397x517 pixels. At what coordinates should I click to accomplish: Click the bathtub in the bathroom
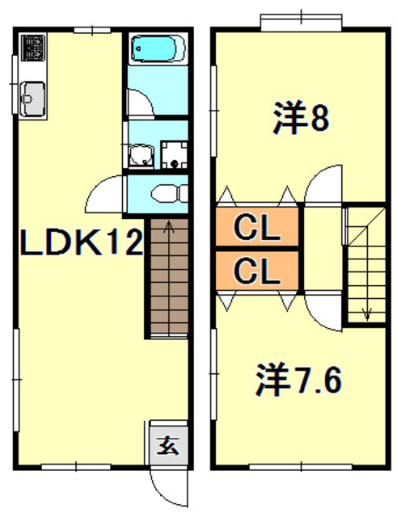click(158, 48)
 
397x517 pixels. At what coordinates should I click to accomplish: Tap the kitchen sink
click(32, 99)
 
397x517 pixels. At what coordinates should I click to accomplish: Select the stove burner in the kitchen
click(33, 48)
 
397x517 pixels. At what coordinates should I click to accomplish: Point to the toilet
click(169, 194)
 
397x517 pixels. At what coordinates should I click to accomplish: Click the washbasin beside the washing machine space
click(141, 156)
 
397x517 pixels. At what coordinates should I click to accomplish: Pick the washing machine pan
click(174, 154)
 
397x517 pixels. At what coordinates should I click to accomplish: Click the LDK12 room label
click(82, 242)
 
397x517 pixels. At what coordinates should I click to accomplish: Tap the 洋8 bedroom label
click(301, 117)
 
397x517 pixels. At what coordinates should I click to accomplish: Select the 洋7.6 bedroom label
click(298, 380)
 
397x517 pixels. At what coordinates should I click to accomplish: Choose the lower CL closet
click(257, 271)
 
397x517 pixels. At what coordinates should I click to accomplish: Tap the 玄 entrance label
click(168, 446)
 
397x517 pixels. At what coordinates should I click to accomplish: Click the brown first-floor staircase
click(169, 278)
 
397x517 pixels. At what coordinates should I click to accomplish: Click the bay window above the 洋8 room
click(301, 23)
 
